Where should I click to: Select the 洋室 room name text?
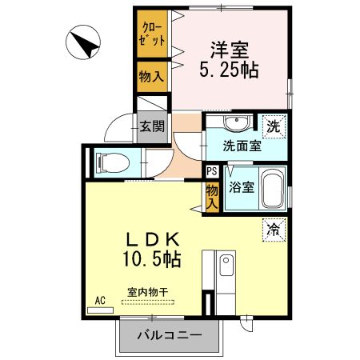228,48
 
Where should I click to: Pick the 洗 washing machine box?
274,125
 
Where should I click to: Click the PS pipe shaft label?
211,170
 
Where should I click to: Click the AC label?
100,300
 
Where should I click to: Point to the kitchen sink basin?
225,263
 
